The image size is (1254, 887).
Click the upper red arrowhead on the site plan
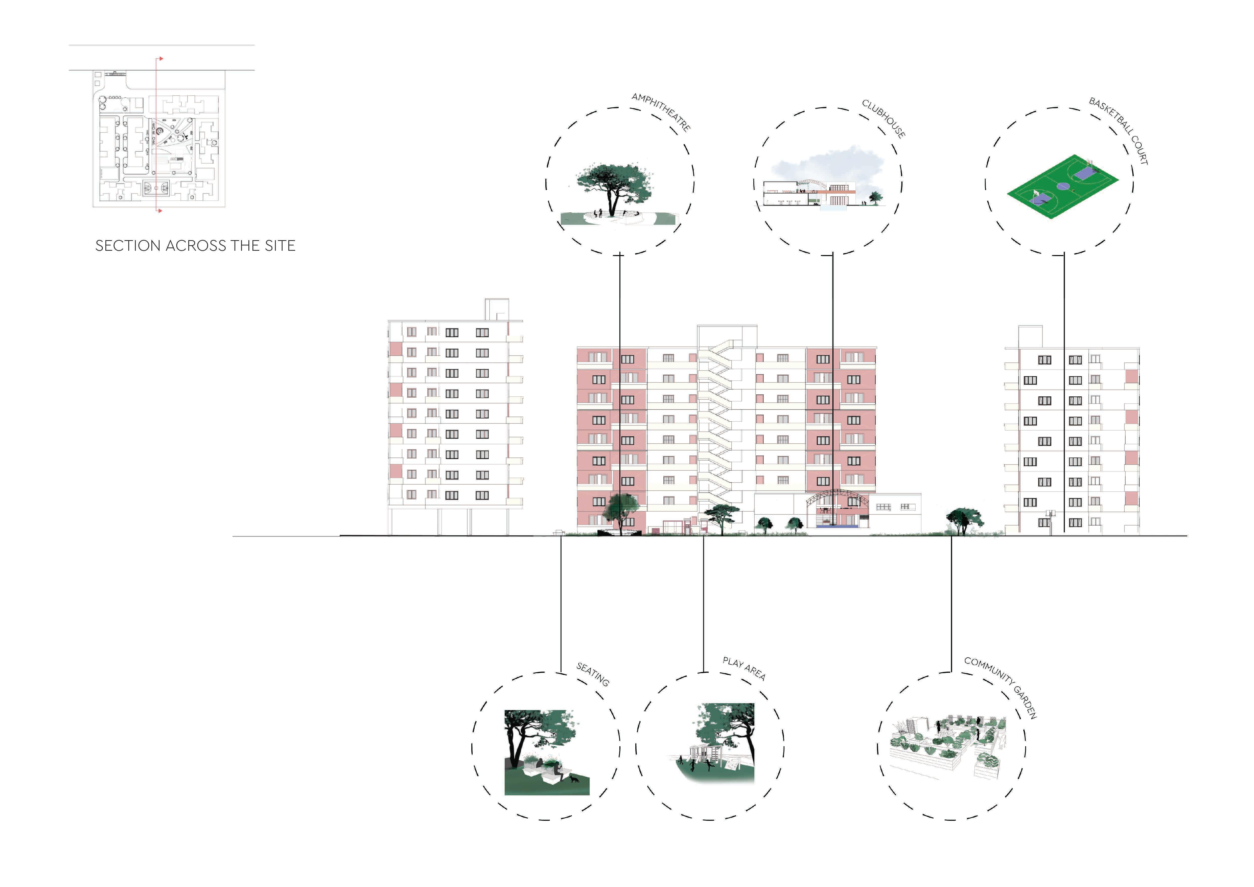(x=160, y=58)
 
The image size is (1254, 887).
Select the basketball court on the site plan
(x=156, y=188)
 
